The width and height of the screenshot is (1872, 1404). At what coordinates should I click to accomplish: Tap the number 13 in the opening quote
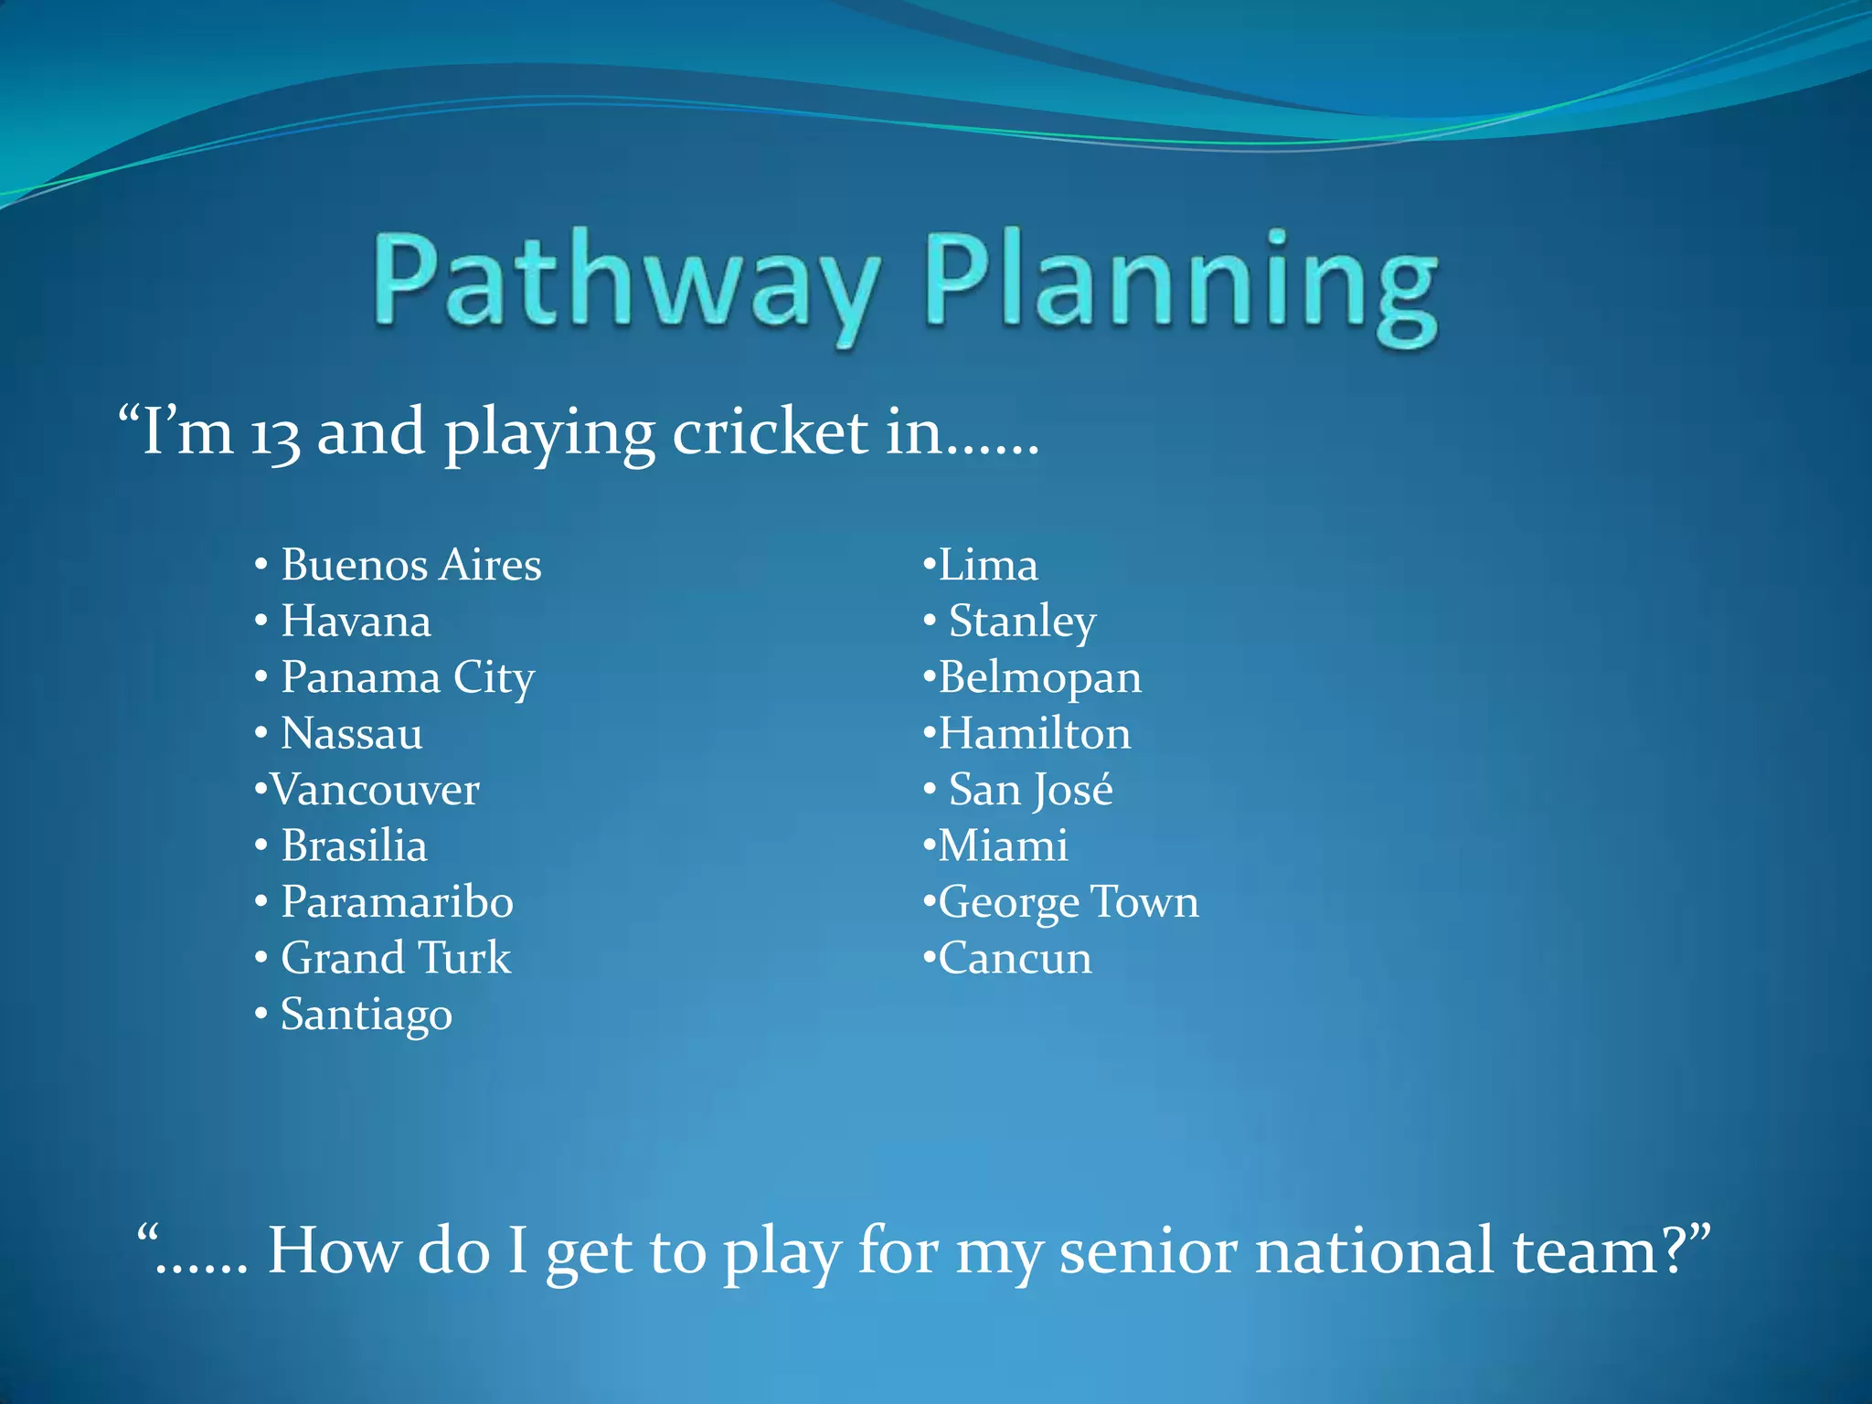point(275,434)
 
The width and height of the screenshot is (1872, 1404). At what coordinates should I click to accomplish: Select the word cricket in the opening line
point(770,431)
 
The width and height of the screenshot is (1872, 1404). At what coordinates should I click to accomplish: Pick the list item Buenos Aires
point(410,565)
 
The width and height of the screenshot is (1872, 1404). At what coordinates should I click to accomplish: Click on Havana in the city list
point(356,622)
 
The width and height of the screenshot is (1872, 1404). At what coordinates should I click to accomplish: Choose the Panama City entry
point(408,678)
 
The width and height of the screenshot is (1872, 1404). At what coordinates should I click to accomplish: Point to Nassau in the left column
point(352,734)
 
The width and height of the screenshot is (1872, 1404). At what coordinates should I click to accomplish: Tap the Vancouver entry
point(375,790)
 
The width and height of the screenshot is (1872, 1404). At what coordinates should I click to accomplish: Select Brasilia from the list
point(354,846)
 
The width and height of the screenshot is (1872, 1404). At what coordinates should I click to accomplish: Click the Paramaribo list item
point(397,902)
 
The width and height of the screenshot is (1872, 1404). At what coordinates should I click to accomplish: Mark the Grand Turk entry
point(396,959)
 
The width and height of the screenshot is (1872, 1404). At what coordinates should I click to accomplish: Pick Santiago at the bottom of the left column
point(367,1016)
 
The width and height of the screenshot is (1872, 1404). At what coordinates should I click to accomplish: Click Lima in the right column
point(988,565)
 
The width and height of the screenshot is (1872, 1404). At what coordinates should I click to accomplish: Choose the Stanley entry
point(1022,622)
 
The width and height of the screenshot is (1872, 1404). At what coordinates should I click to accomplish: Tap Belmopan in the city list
point(1040,678)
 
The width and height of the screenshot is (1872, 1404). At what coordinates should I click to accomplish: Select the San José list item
point(1030,790)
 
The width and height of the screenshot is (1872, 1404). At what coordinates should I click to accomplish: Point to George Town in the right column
point(1069,902)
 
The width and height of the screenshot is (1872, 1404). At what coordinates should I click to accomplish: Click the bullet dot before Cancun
point(929,958)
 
